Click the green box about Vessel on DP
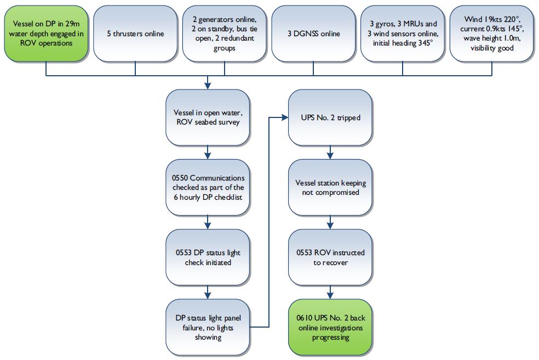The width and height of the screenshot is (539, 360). [45, 33]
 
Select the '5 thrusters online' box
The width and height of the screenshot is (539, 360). [135, 33]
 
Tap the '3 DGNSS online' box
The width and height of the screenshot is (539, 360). [313, 33]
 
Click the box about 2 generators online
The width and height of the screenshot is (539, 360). [224, 33]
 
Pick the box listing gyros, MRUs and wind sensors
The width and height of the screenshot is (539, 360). [403, 33]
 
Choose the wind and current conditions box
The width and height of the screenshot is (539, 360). [491, 33]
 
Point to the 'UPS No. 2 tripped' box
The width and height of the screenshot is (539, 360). [330, 119]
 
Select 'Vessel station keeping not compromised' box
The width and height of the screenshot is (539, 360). [330, 188]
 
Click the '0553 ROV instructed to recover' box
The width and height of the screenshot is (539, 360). [330, 257]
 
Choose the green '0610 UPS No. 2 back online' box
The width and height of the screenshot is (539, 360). [330, 327]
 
